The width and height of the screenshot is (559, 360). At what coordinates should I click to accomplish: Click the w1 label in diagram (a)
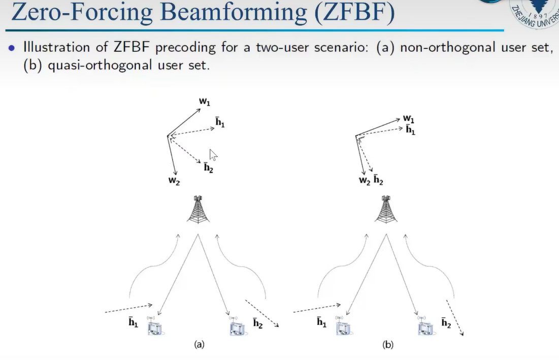point(204,102)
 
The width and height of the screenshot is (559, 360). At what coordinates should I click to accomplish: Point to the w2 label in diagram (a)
point(174,180)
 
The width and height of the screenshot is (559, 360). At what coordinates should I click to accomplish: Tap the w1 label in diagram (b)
point(409,119)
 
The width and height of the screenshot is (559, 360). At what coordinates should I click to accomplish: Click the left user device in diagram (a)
point(155,326)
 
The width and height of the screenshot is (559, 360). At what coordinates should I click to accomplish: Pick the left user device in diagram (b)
point(343,326)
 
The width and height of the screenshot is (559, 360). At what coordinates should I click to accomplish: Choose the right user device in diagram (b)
point(425,327)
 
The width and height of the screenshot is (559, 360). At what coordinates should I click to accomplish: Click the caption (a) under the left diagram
point(199,345)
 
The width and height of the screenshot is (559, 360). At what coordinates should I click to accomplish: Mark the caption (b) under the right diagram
point(387,345)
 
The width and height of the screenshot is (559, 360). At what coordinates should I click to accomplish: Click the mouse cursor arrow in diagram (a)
point(213,155)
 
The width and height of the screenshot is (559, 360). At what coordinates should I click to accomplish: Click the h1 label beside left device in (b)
point(321,322)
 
